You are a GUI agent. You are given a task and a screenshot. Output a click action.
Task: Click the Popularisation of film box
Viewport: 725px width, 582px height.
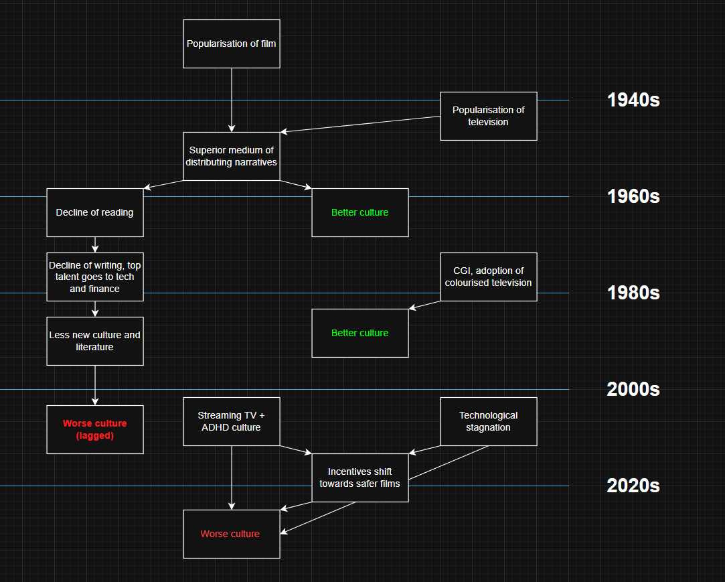pos(232,44)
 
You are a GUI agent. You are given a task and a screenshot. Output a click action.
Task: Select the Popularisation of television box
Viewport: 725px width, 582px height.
pos(488,116)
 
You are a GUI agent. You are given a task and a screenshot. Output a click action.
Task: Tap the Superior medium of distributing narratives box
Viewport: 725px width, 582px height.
pos(232,156)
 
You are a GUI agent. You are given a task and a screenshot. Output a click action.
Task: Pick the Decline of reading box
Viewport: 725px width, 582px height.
pos(95,212)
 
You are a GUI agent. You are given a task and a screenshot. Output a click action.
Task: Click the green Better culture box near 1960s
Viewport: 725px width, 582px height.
pos(360,212)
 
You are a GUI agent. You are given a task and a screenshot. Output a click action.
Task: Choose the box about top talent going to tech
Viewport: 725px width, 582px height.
pos(95,277)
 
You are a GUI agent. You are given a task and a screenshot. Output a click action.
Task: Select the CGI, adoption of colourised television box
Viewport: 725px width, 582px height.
pos(488,277)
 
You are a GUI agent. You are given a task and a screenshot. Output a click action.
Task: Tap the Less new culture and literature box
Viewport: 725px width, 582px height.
pos(95,341)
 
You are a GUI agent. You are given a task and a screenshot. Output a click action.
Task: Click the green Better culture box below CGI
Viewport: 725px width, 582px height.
pos(360,333)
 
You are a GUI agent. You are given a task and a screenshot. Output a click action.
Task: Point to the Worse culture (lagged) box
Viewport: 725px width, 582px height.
pos(95,429)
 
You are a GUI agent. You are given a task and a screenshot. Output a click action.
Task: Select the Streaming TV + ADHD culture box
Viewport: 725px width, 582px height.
pos(232,421)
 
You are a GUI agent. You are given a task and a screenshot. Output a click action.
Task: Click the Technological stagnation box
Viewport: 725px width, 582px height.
pos(488,421)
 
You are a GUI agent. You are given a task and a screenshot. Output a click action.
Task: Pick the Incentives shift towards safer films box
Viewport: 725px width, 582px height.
pos(360,478)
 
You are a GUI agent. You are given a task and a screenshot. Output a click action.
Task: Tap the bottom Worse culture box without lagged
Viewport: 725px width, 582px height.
pos(232,534)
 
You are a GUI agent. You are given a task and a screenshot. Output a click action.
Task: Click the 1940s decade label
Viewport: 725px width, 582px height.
pos(633,100)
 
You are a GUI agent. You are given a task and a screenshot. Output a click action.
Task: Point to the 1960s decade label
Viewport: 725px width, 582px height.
pos(633,197)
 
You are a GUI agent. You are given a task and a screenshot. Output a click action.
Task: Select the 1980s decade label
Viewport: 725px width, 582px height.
pos(633,293)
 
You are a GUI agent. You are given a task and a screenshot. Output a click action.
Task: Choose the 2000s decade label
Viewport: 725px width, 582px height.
pos(633,389)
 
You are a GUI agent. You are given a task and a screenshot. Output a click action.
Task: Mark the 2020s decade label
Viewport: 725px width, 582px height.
pos(633,486)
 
